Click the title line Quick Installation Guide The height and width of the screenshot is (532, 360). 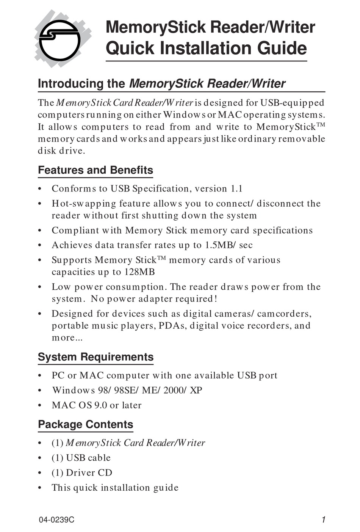pyautogui.click(x=206, y=49)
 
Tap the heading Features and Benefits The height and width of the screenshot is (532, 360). pyautogui.click(x=95, y=170)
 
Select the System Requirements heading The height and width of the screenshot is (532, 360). pyautogui.click(x=95, y=357)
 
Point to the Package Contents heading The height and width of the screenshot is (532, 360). pyautogui.click(x=86, y=424)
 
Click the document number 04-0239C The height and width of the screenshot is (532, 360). pyautogui.click(x=56, y=520)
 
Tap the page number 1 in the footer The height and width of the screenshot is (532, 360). pyautogui.click(x=323, y=520)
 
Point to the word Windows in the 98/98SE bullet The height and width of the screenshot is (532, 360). pyautogui.click(x=74, y=390)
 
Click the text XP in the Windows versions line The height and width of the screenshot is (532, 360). pyautogui.click(x=196, y=390)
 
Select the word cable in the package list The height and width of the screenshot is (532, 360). pyautogui.click(x=99, y=458)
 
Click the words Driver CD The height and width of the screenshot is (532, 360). pyautogui.click(x=89, y=473)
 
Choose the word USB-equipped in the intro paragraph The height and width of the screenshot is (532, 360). pyautogui.click(x=292, y=103)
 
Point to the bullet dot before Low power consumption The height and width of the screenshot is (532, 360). pyautogui.click(x=40, y=287)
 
